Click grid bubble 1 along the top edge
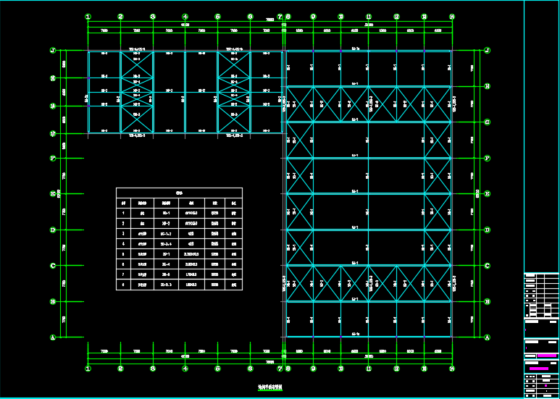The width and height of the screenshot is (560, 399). tap(88, 17)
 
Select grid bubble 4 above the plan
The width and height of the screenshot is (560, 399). tap(185, 17)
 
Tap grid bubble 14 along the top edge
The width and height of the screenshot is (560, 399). tap(452, 17)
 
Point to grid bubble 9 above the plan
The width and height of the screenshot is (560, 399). tap(313, 17)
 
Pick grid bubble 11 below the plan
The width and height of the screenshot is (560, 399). tap(369, 368)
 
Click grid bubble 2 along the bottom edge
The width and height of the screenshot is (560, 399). tap(120, 368)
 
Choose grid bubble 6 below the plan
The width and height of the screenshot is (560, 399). tap(250, 368)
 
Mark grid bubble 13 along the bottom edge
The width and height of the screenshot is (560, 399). tap(424, 368)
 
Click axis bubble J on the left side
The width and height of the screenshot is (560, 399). tap(52, 51)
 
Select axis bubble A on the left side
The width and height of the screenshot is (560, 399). tap(52, 337)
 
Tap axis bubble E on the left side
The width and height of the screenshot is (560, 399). tap(52, 194)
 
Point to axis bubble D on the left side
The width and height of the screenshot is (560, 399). tap(52, 230)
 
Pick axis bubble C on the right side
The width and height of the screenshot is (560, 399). tap(487, 266)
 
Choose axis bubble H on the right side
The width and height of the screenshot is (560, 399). tap(487, 86)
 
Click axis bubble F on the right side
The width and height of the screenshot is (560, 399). tap(487, 158)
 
